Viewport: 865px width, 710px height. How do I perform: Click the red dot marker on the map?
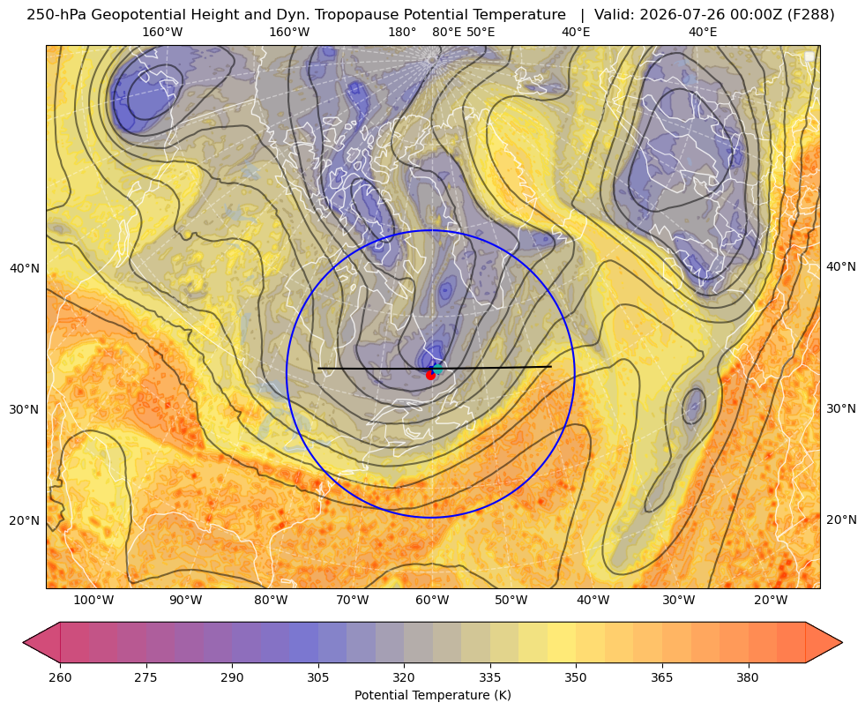[x=430, y=375]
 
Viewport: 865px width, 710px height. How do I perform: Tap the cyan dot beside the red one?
[x=437, y=369]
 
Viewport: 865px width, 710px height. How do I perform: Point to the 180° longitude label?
[x=402, y=32]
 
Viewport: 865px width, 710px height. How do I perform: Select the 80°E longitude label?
[x=446, y=32]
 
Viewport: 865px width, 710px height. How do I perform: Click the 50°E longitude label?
[x=481, y=32]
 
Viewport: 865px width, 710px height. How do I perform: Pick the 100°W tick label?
[x=93, y=601]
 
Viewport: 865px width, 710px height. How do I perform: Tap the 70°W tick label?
[x=353, y=601]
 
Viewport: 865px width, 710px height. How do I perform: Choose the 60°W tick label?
[x=431, y=601]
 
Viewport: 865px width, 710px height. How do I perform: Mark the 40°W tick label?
[x=593, y=601]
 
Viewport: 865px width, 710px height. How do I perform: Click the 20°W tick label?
[x=770, y=601]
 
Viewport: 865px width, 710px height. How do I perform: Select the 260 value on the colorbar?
[x=60, y=677]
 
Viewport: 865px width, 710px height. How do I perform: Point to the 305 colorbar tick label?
[x=318, y=677]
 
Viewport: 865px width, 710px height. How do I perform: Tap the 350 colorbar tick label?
[x=576, y=677]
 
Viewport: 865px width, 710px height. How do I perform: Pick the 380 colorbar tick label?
[x=748, y=677]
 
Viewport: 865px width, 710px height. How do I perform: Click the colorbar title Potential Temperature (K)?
[x=432, y=695]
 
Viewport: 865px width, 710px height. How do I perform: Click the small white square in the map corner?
[x=809, y=56]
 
